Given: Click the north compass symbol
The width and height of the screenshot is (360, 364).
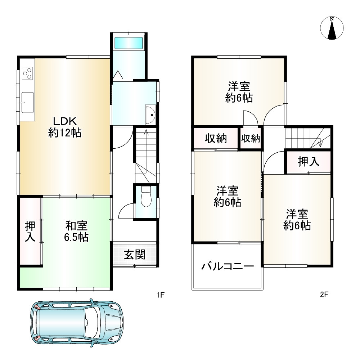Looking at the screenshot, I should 332,28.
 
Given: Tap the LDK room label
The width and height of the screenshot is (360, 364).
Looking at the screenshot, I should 65,127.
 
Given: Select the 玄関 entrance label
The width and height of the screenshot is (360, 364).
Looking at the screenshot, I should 135,255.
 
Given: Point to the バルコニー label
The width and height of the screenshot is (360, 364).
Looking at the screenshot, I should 228,267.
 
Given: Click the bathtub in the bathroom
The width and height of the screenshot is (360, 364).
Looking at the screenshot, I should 129,43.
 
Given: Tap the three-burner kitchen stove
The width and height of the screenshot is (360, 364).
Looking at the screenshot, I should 27,74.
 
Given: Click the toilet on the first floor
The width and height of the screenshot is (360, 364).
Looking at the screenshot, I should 146,197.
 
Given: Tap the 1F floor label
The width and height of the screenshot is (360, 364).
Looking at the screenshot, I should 160,295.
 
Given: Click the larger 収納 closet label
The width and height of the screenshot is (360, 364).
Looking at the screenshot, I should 216,138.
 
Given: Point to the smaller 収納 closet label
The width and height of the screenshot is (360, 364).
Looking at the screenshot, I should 251,139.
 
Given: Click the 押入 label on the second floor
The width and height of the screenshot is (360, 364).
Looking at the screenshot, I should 309,162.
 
